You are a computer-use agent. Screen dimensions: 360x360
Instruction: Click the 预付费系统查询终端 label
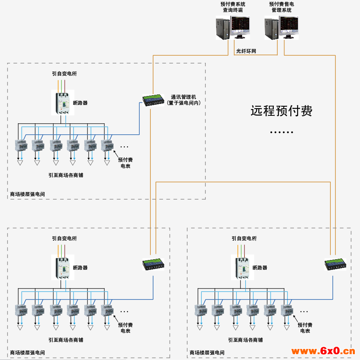tap(233, 7)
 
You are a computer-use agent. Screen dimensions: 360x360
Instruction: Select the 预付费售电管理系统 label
tap(282, 7)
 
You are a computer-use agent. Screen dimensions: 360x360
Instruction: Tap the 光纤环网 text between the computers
tap(246, 51)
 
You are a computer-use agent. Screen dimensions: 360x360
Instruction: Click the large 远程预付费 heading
tap(282, 111)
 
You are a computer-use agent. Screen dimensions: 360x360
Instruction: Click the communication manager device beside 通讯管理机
tap(153, 100)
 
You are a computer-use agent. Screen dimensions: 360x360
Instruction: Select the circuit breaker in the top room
tap(62, 102)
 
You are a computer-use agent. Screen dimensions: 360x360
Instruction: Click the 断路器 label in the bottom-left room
tap(80, 268)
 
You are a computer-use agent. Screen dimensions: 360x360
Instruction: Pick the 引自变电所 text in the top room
tap(64, 74)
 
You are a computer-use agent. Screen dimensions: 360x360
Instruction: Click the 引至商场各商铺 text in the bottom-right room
tap(245, 340)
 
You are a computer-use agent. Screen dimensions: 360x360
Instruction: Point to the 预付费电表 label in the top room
tap(125, 163)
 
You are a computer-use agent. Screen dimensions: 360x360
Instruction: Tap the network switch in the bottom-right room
tap(335, 264)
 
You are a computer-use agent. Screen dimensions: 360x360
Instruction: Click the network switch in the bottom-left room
tap(153, 264)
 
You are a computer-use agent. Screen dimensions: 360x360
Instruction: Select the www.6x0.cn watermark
tap(323, 351)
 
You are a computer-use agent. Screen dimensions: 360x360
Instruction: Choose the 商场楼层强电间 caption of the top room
tap(27, 194)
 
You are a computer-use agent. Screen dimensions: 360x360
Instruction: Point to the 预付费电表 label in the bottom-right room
tap(305, 328)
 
